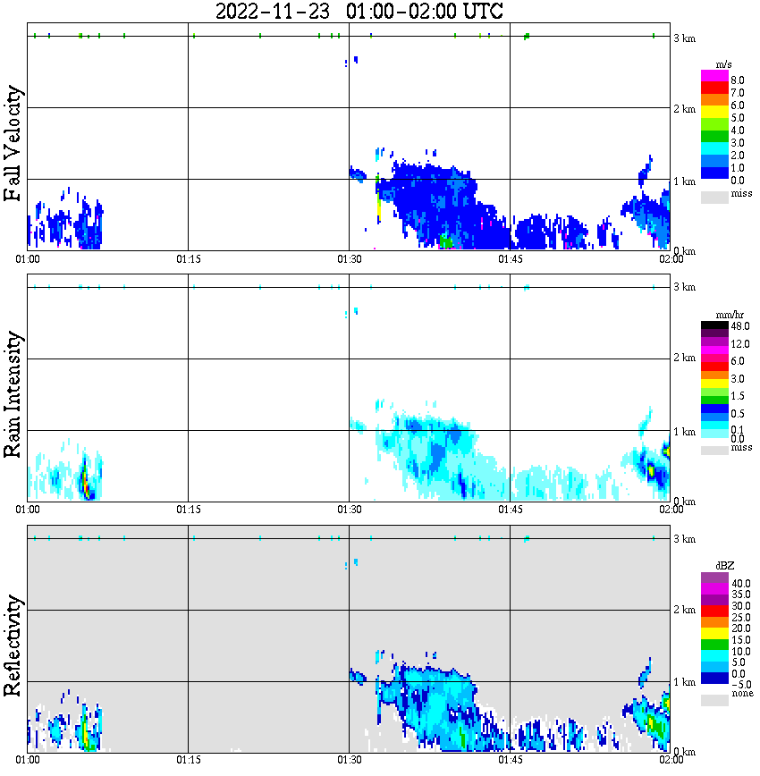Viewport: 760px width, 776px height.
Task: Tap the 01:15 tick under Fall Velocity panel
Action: click(x=188, y=258)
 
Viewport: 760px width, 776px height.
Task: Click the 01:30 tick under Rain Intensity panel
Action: click(x=349, y=510)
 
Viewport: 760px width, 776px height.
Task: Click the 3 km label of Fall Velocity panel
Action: click(x=685, y=37)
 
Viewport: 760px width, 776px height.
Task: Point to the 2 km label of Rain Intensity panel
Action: click(x=685, y=358)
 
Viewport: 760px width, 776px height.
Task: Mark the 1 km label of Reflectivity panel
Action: click(x=685, y=682)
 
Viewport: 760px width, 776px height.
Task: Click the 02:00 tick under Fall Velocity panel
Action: click(x=671, y=258)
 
